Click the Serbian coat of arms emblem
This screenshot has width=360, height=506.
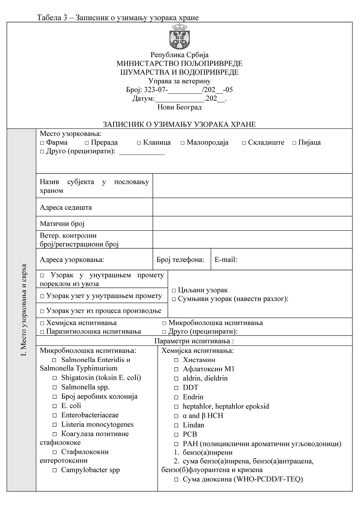[180, 37]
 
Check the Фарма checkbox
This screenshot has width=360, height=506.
[42, 143]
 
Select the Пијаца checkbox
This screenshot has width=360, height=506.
[294, 143]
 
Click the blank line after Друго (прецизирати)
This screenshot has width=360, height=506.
[142, 152]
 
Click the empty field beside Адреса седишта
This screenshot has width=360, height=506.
[252, 207]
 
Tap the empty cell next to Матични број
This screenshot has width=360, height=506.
[252, 223]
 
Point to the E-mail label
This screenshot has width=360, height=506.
[226, 260]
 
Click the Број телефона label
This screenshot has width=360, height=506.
[180, 260]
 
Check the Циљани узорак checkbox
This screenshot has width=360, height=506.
[174, 291]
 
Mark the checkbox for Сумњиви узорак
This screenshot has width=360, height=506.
[174, 299]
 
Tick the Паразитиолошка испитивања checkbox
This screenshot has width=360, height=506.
[42, 332]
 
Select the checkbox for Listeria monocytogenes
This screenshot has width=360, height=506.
[55, 425]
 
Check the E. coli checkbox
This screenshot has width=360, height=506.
[55, 406]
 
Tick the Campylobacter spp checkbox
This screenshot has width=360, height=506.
[55, 470]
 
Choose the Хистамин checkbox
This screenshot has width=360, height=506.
[176, 360]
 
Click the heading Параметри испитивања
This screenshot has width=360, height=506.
[194, 341]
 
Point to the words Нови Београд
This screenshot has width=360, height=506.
[180, 107]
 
